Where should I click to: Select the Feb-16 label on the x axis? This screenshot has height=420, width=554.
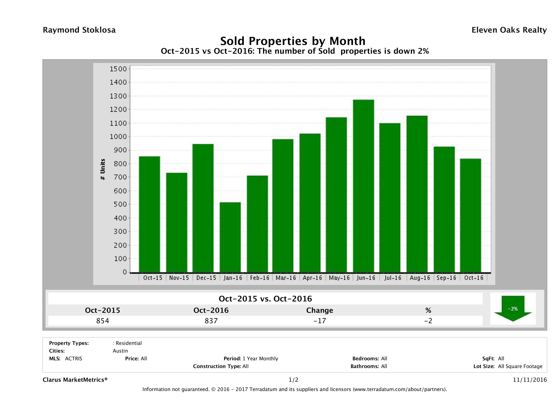pyautogui.click(x=259, y=278)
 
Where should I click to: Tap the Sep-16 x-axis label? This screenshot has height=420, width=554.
pyautogui.click(x=446, y=278)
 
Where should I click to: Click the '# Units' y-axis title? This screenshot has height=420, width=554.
pyautogui.click(x=103, y=169)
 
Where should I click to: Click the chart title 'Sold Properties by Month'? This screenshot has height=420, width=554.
pyautogui.click(x=293, y=41)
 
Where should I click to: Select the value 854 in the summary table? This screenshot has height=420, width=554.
pyautogui.click(x=103, y=321)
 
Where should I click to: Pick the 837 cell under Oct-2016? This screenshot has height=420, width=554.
pyautogui.click(x=211, y=321)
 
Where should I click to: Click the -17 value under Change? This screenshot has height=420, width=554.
pyautogui.click(x=320, y=321)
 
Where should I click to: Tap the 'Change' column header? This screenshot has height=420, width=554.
pyautogui.click(x=320, y=310)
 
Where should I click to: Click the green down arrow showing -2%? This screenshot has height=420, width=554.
pyautogui.click(x=513, y=309)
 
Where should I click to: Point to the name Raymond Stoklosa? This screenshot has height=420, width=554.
pyautogui.click(x=79, y=30)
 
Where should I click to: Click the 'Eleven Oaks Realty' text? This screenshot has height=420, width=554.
pyautogui.click(x=509, y=30)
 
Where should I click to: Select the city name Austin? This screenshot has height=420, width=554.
pyautogui.click(x=120, y=351)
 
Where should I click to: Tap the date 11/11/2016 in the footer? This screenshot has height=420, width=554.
pyautogui.click(x=530, y=380)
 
